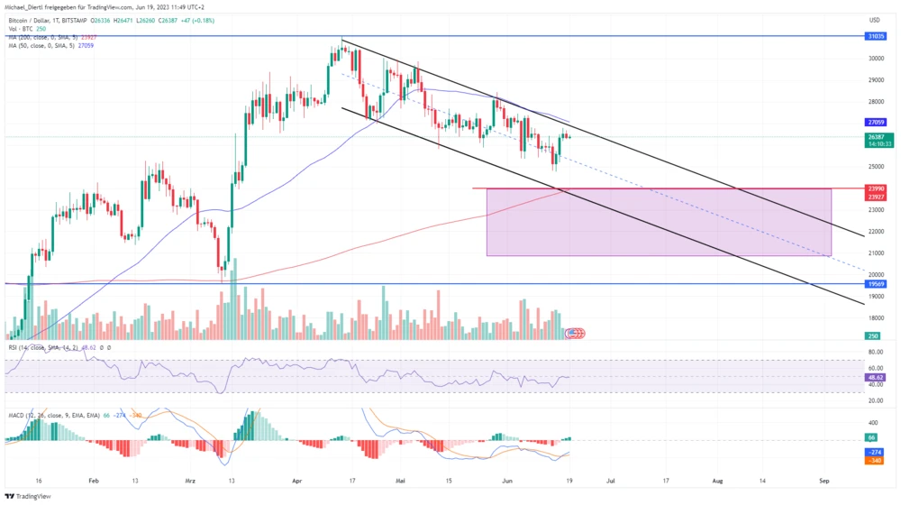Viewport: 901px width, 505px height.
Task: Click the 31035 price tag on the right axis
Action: tap(875, 36)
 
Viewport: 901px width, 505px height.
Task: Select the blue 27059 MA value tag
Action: tap(875, 122)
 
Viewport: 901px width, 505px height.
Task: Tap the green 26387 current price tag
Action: tap(875, 137)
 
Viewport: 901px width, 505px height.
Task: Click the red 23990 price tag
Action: tap(875, 188)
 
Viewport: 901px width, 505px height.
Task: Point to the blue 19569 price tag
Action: tap(875, 284)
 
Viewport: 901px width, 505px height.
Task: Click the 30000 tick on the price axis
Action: tap(875, 59)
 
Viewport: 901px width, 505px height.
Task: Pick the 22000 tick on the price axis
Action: tap(875, 231)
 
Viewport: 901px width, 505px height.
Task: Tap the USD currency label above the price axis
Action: tap(874, 19)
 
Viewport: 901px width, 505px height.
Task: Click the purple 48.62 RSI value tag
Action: tap(875, 377)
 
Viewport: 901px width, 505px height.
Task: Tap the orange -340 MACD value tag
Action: tap(875, 461)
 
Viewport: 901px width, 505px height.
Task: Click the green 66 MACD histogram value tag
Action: tap(875, 437)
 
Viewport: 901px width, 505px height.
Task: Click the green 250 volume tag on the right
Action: tap(873, 335)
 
